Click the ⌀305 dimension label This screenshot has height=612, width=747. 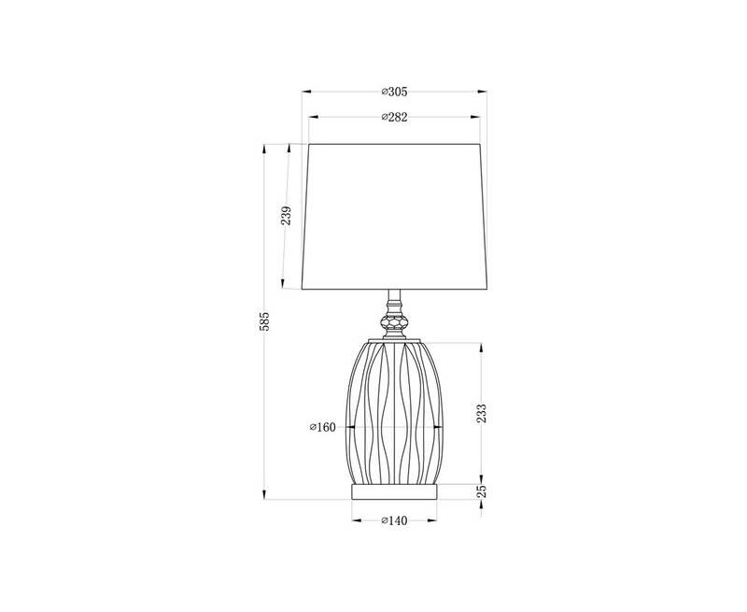[394, 92]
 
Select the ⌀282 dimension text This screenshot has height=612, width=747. [394, 117]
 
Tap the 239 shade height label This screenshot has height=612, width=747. [286, 217]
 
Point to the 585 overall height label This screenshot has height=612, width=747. [264, 321]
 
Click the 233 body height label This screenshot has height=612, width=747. [482, 413]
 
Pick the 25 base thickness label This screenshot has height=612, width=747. [482, 491]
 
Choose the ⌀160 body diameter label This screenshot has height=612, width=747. [322, 427]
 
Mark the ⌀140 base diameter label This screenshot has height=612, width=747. [394, 520]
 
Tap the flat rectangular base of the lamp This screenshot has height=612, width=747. [394, 491]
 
